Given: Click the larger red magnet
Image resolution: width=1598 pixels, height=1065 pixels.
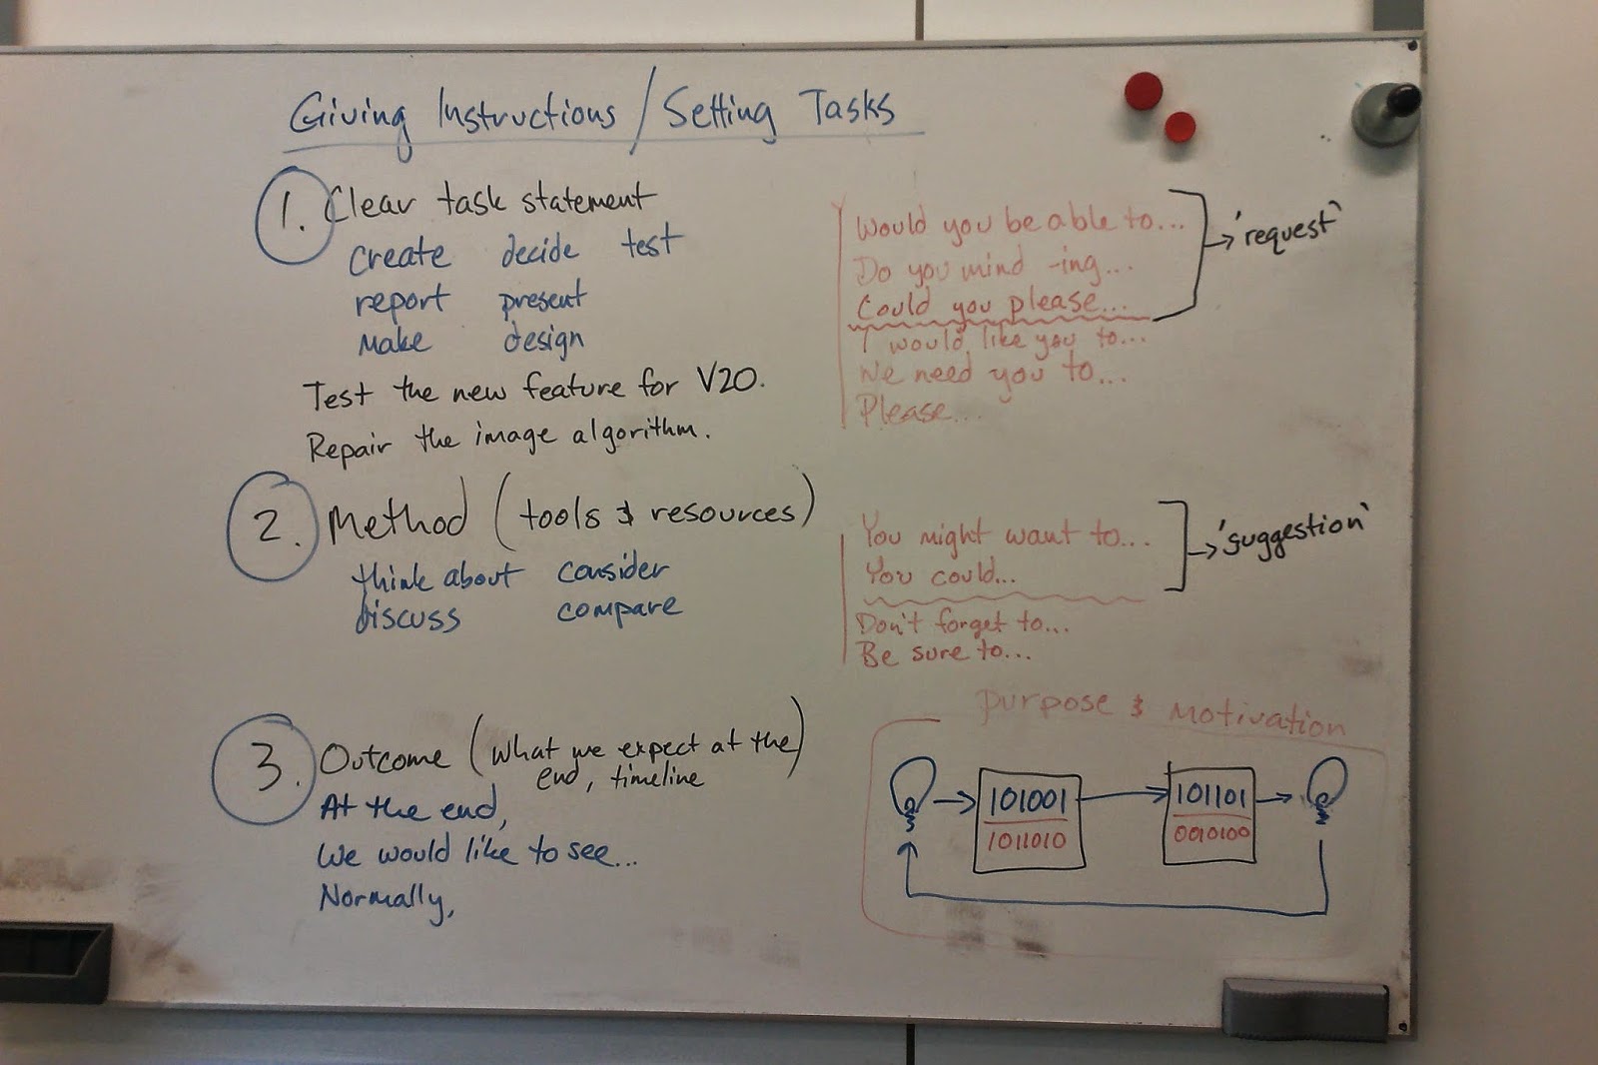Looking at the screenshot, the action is pos(1144,91).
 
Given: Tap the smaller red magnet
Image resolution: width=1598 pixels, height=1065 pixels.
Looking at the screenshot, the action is pos(1180,127).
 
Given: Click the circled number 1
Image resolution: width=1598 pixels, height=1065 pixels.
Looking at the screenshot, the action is pos(292,214).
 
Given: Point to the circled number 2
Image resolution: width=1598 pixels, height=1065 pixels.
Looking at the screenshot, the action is pos(270,526).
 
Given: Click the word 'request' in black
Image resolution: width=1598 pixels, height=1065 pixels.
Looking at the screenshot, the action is pos(1287,229).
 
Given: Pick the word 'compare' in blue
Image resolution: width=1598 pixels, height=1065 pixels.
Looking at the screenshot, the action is pos(619,609).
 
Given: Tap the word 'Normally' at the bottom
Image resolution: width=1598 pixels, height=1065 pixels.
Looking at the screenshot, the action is pos(386,899).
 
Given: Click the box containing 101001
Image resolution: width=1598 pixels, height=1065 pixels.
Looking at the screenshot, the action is pos(1029,819).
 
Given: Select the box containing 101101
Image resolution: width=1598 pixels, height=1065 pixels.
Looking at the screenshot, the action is pos(1209,812).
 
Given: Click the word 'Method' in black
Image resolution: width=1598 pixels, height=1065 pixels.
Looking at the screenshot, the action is pos(397,519).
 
